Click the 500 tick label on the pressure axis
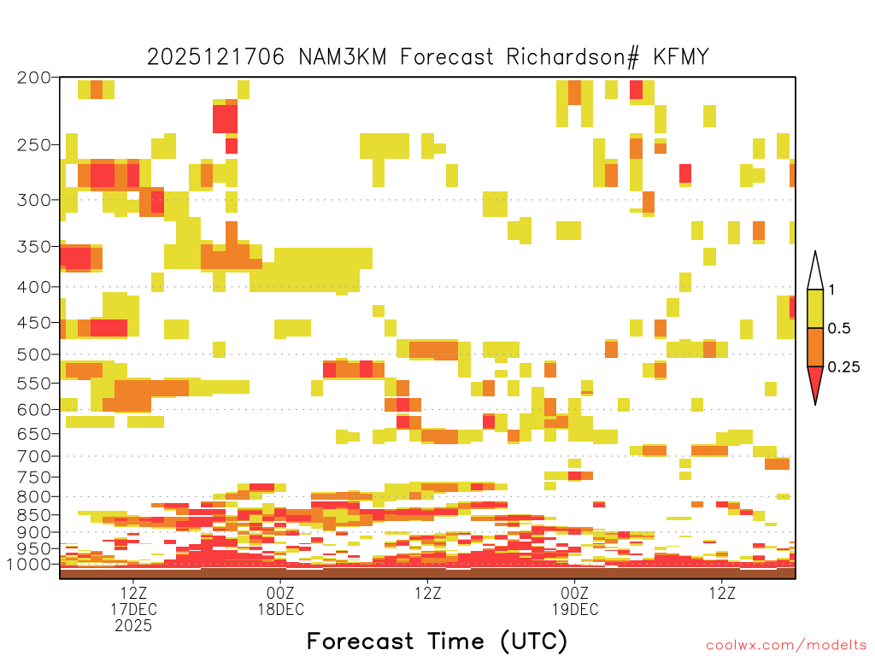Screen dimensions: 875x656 [x=33, y=354]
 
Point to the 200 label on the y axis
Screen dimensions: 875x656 [x=33, y=78]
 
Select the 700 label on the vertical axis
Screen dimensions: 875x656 [x=33, y=456]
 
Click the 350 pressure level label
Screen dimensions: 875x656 [x=33, y=246]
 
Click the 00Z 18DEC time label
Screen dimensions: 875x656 [x=280, y=600]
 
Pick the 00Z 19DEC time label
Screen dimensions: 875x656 [x=575, y=600]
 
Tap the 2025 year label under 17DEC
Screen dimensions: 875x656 [x=132, y=626]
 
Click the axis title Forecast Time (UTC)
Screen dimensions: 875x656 [x=437, y=641]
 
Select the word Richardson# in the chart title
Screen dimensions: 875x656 [x=572, y=57]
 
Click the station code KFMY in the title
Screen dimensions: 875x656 [x=681, y=56]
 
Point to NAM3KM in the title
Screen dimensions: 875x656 [x=342, y=56]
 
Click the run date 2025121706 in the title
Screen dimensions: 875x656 [x=215, y=56]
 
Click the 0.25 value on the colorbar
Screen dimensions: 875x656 [x=843, y=367]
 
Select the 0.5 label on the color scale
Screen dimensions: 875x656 [x=839, y=329]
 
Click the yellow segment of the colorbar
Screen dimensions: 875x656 [x=815, y=308]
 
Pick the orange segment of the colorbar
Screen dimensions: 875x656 [x=815, y=347]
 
